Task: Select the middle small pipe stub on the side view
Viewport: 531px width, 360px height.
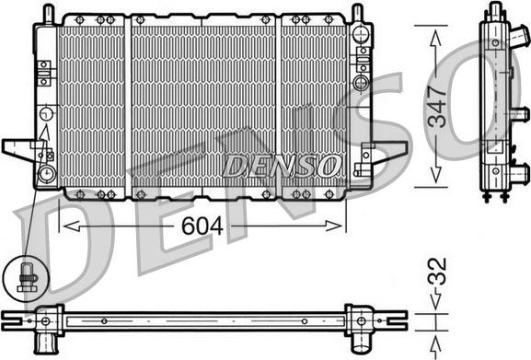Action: (518, 114)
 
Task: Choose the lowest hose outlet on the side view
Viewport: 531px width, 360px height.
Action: (520, 172)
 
